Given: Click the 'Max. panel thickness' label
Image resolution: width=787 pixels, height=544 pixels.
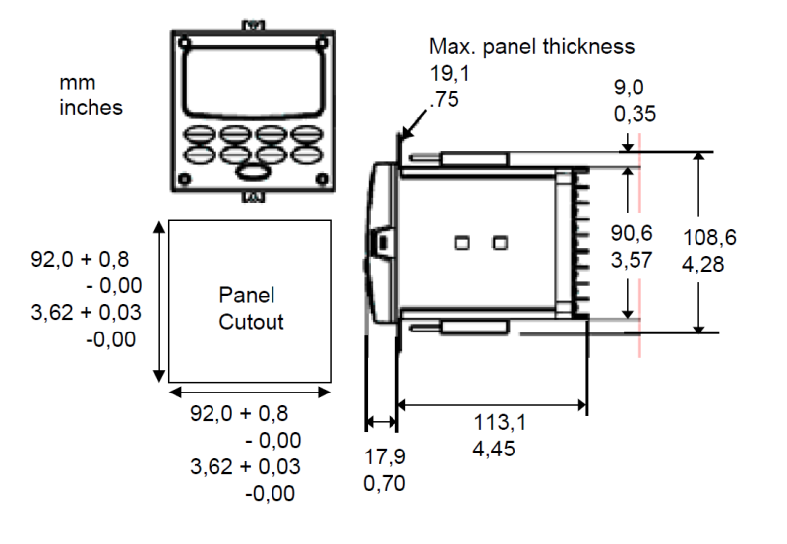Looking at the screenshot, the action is [x=531, y=46].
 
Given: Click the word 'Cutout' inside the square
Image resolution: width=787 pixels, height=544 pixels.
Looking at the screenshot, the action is [x=251, y=322].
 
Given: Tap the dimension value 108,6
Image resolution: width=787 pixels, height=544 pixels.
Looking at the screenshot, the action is [x=709, y=237].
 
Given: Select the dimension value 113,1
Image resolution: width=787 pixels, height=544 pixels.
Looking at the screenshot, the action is [x=500, y=423].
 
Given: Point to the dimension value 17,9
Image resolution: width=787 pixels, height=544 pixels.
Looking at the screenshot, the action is [x=385, y=456].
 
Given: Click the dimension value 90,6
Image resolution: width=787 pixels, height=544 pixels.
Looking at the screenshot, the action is [x=632, y=233].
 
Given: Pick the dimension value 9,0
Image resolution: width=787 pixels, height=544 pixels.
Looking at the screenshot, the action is [x=629, y=88].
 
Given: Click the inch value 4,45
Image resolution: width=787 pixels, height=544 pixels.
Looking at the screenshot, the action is [x=494, y=449].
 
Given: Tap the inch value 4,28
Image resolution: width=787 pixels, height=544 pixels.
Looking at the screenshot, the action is [x=702, y=264].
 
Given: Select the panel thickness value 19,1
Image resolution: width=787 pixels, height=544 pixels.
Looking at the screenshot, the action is [x=450, y=73].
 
